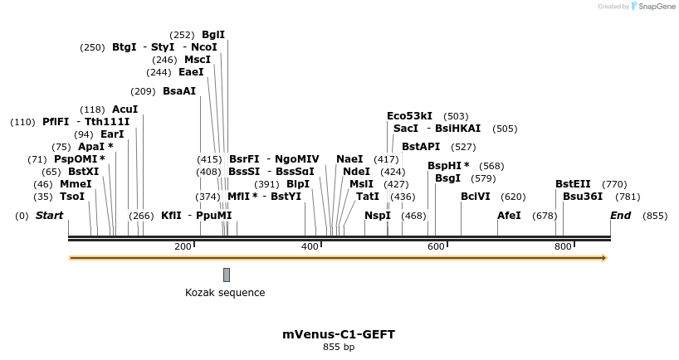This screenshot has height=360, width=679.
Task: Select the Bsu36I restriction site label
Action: tap(583, 197)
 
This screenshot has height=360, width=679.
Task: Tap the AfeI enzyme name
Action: tap(509, 216)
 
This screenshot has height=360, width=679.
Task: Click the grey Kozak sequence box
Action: tap(227, 275)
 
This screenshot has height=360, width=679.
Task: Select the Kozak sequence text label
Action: tap(225, 293)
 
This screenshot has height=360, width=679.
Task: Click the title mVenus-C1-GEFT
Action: tap(339, 334)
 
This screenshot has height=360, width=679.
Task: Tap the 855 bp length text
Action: tap(339, 347)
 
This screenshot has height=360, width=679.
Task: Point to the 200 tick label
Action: tap(183, 246)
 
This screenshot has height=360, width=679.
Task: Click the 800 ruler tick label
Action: tap(563, 246)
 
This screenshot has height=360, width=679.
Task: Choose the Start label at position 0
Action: tap(49, 216)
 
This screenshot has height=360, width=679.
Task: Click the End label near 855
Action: tap(620, 216)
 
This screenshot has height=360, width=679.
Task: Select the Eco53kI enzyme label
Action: tap(409, 116)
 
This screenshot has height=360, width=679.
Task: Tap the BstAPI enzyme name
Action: tap(421, 147)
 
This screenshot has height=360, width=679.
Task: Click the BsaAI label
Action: tap(179, 91)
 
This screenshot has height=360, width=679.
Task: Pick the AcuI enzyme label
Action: tap(125, 109)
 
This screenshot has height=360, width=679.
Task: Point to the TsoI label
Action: tap(72, 197)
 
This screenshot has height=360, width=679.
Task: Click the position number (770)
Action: tap(614, 184)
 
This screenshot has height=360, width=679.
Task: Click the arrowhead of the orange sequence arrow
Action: tap(604, 258)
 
